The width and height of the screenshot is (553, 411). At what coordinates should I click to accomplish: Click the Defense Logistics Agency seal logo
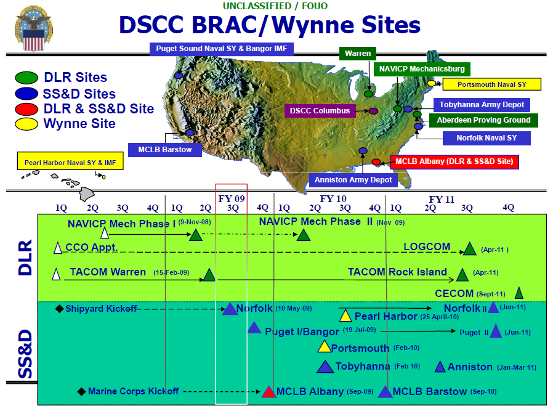pyautogui.click(x=33, y=29)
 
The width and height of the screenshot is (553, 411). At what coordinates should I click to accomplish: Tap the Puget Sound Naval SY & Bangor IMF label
pyautogui.click(x=222, y=49)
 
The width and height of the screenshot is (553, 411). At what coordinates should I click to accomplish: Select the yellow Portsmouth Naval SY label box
pyautogui.click(x=491, y=84)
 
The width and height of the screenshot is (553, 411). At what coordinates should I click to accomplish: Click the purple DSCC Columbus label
pyautogui.click(x=320, y=111)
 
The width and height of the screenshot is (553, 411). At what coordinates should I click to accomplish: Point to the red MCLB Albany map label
pyautogui.click(x=454, y=161)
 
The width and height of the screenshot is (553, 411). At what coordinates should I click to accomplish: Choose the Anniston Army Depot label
pyautogui.click(x=353, y=180)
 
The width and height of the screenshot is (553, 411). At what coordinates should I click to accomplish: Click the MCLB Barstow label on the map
pyautogui.click(x=164, y=150)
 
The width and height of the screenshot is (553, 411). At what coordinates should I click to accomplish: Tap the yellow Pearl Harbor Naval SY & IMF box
pyautogui.click(x=70, y=161)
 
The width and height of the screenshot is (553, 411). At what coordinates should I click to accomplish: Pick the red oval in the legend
pyautogui.click(x=26, y=109)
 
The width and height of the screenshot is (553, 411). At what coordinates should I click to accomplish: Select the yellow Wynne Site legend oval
pyautogui.click(x=26, y=124)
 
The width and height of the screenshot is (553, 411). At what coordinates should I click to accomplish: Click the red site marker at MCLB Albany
pyautogui.click(x=376, y=162)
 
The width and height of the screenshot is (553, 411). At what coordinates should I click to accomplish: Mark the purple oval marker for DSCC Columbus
pyautogui.click(x=373, y=111)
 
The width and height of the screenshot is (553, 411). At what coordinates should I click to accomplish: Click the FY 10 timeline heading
pyautogui.click(x=333, y=199)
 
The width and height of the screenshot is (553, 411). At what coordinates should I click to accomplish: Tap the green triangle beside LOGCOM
pyautogui.click(x=469, y=249)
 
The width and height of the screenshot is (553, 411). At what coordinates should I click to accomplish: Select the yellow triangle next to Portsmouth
pyautogui.click(x=324, y=347)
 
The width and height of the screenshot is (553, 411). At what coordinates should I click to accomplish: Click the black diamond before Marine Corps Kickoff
pyautogui.click(x=81, y=392)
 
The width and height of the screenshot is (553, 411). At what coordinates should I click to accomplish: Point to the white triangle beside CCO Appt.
pyautogui.click(x=57, y=248)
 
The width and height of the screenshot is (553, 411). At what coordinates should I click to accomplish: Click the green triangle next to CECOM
pyautogui.click(x=519, y=293)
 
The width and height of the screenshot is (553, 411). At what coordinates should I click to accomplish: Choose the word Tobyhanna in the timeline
pyautogui.click(x=363, y=366)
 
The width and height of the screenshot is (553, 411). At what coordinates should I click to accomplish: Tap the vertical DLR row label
pyautogui.click(x=25, y=258)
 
